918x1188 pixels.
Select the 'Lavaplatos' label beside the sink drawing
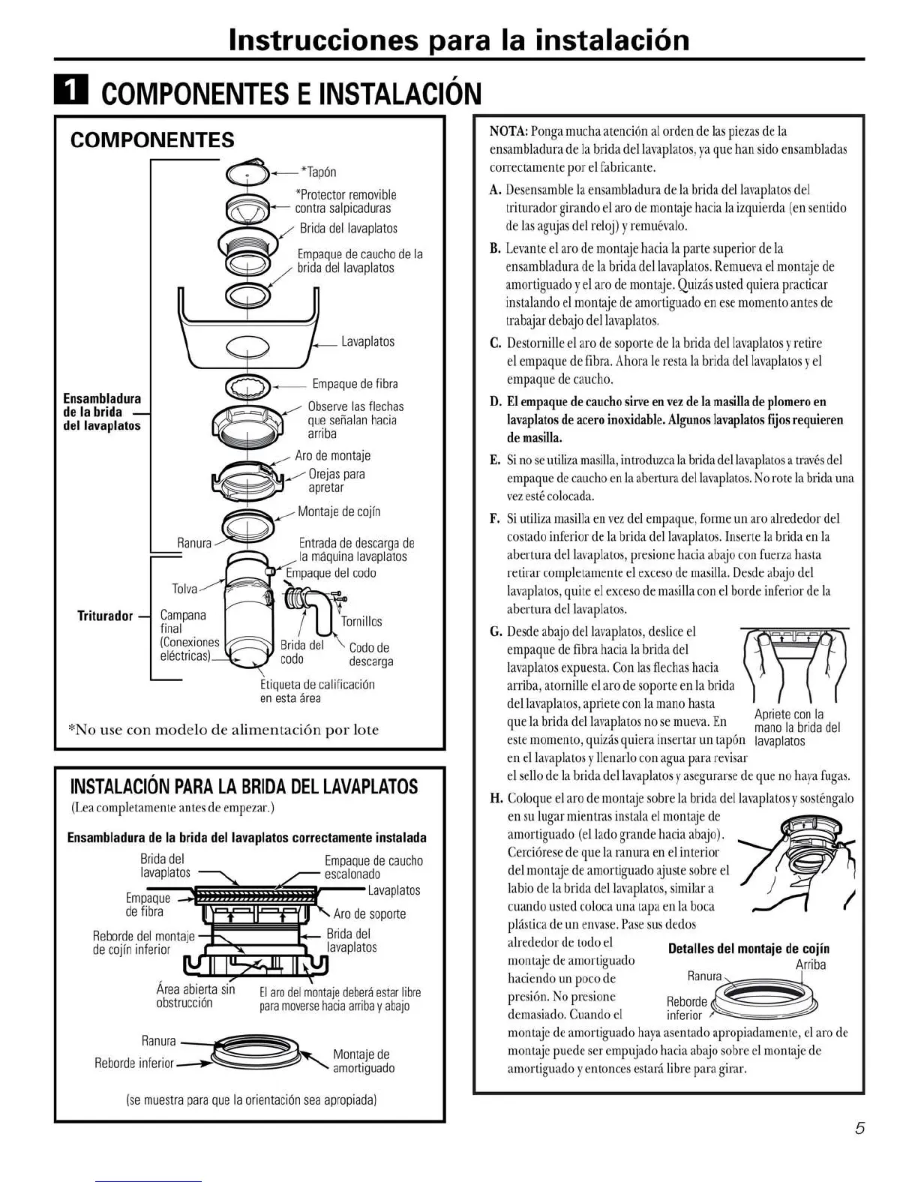coord(367,341)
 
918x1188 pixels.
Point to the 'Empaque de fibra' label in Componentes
coord(355,384)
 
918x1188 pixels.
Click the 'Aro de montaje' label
coord(332,455)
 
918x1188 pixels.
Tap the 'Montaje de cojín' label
coord(339,511)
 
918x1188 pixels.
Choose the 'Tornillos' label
coord(361,621)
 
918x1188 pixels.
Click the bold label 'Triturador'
coord(105,616)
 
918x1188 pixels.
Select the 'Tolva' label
coord(184,589)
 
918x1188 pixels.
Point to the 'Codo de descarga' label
coord(370,654)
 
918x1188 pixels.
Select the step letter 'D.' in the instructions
coord(495,402)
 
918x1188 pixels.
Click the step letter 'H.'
coord(496,798)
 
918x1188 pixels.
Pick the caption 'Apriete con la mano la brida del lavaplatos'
coord(796,727)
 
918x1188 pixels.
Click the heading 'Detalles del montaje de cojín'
coord(748,949)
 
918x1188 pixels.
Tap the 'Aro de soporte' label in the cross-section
coord(370,913)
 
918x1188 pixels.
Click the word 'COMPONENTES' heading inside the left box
coord(151,140)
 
